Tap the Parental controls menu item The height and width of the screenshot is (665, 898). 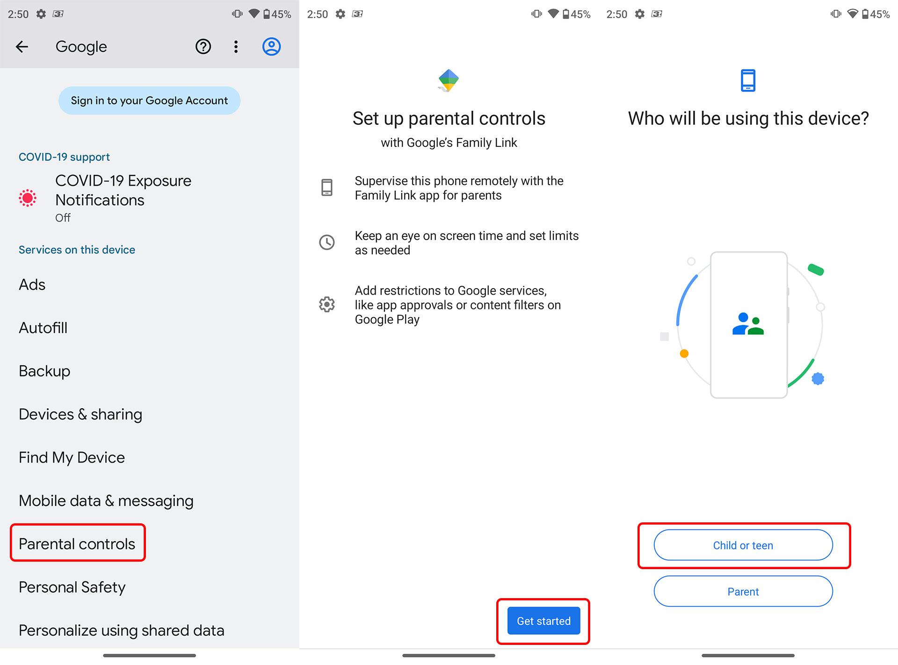77,544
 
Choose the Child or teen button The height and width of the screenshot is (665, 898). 743,545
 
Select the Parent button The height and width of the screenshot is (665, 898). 743,591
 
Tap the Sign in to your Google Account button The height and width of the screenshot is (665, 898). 149,101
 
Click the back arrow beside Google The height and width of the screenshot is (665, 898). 22,47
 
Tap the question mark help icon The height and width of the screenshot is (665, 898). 203,47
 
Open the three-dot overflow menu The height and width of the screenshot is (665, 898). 236,47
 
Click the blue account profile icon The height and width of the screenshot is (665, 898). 271,47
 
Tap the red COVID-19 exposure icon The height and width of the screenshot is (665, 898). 28,198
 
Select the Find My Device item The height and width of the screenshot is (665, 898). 72,457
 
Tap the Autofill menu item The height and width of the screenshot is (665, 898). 43,328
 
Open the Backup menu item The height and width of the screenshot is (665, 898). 44,371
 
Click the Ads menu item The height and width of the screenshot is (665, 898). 32,284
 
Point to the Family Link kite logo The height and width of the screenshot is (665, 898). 449,80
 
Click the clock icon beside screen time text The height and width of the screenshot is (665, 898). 327,242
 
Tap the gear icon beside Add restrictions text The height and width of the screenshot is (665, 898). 327,304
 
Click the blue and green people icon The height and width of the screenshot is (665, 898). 748,324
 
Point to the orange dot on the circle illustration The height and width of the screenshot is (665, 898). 684,354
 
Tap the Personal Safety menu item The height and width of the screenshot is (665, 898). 72,587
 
